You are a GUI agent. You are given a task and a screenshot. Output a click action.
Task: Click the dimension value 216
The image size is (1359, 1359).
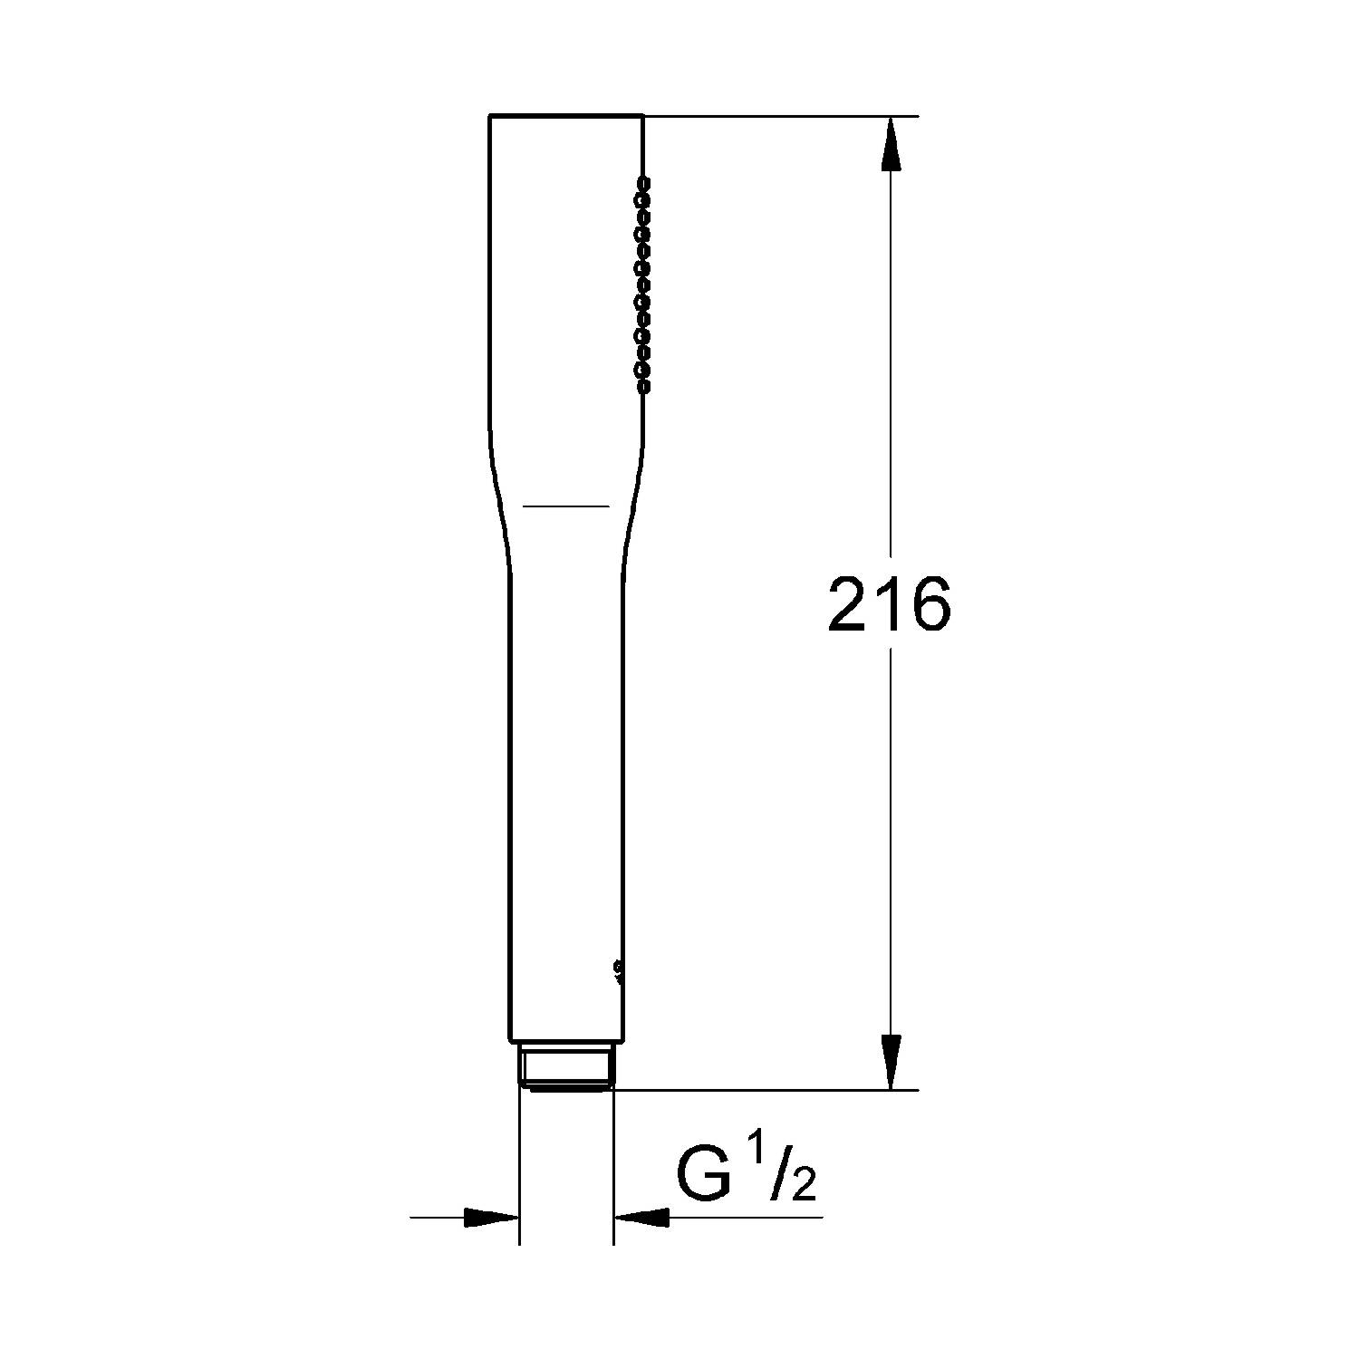point(890,603)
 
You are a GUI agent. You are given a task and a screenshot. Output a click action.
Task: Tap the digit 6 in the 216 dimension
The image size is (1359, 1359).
point(931,603)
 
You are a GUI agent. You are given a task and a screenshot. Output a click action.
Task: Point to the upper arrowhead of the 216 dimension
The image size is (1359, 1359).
point(892,142)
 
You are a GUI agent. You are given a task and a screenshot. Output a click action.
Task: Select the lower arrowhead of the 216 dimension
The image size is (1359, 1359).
point(892,1062)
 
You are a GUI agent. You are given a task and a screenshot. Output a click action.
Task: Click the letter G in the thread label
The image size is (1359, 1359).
point(705,1174)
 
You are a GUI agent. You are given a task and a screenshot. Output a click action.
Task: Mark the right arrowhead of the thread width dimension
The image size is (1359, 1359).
point(641,1218)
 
